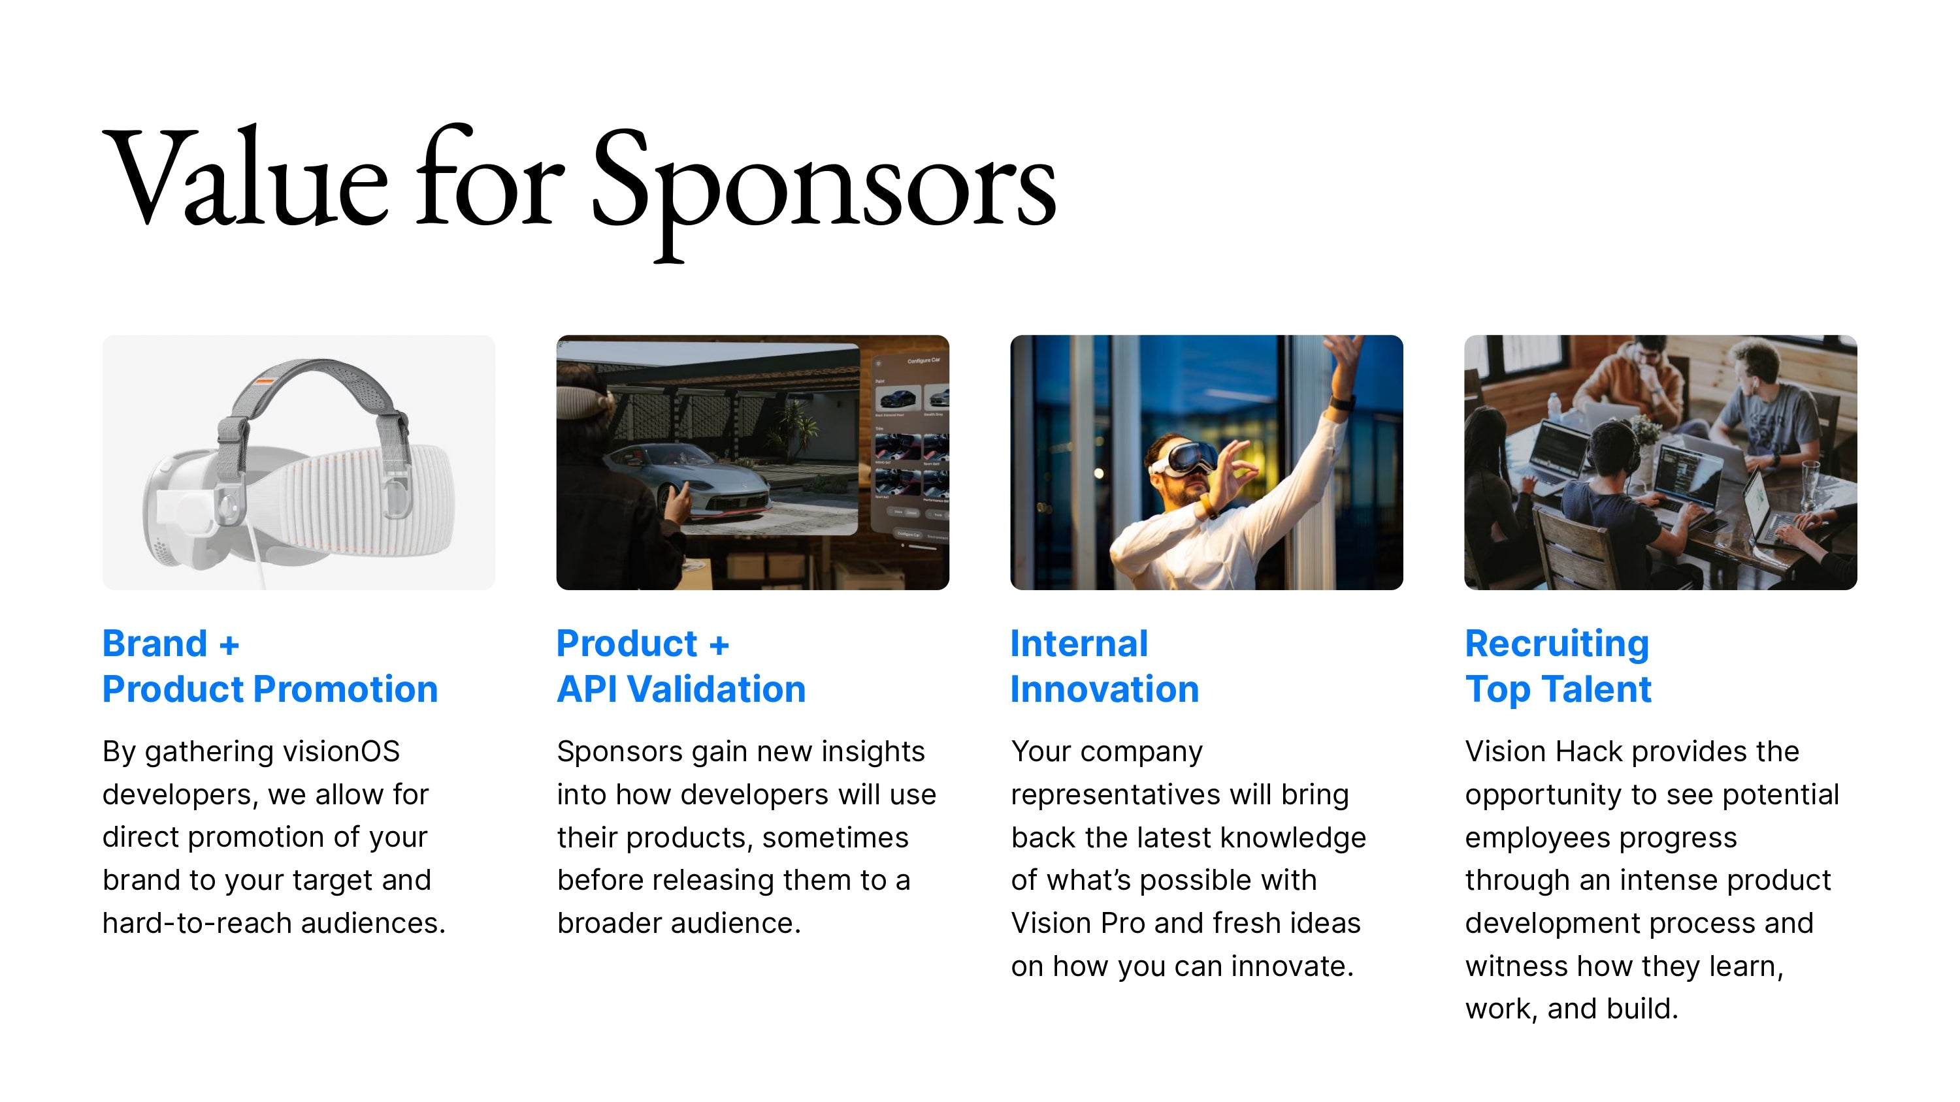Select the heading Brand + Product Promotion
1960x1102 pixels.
coord(270,666)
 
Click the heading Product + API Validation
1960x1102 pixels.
coord(681,666)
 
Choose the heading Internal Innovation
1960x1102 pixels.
coord(1105,666)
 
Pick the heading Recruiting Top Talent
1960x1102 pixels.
coord(1558,666)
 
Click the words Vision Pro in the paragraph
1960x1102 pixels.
coord(1078,923)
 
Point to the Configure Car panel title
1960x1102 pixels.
coord(923,360)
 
